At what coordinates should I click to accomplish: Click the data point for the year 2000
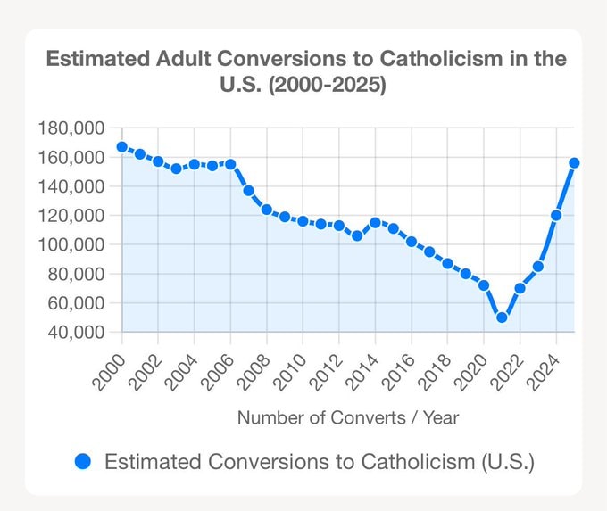[x=121, y=147]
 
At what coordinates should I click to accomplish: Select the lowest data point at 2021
[x=502, y=317]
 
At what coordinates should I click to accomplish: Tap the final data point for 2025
[x=574, y=162]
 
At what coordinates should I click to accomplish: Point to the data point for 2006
[x=230, y=164]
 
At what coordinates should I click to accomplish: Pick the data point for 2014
[x=375, y=223]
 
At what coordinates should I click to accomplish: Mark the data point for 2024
[x=556, y=215]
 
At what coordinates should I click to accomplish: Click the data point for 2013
[x=357, y=236]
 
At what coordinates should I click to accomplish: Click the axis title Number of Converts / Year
[x=348, y=416]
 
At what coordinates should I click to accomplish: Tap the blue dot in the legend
[x=84, y=461]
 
